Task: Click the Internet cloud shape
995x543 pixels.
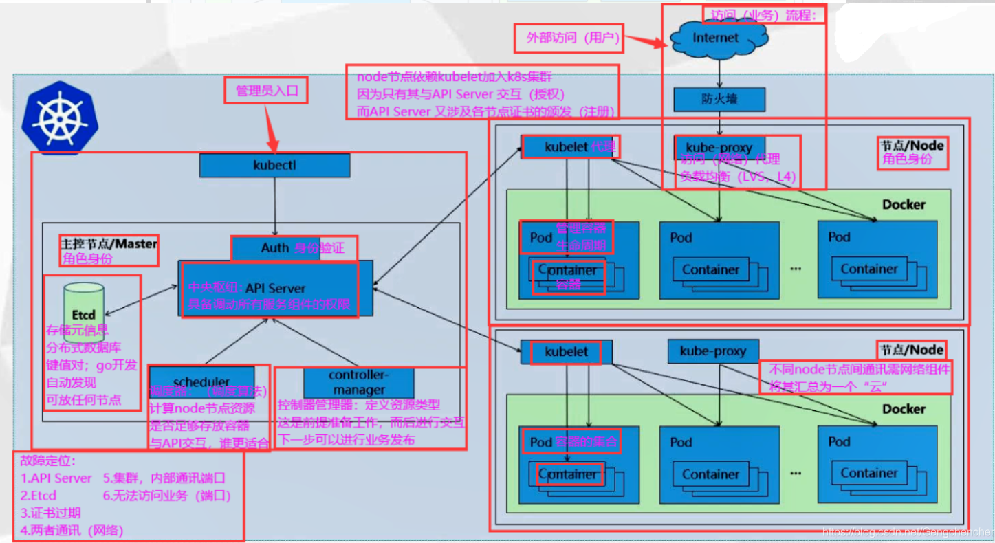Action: click(x=715, y=38)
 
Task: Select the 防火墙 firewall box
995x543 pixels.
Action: click(x=719, y=100)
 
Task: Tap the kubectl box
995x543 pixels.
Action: click(x=275, y=166)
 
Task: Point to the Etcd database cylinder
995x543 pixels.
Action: click(x=83, y=313)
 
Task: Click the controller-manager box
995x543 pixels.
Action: click(x=358, y=382)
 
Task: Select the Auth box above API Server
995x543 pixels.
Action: click(x=275, y=248)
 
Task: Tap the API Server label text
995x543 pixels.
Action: click(x=275, y=288)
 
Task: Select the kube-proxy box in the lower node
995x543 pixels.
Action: click(x=713, y=351)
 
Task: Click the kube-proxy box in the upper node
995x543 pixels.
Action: click(x=719, y=148)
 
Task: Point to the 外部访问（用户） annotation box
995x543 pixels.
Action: click(x=569, y=38)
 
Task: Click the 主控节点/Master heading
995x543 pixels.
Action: click(x=109, y=243)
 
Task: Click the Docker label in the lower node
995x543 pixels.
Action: click(x=904, y=409)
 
